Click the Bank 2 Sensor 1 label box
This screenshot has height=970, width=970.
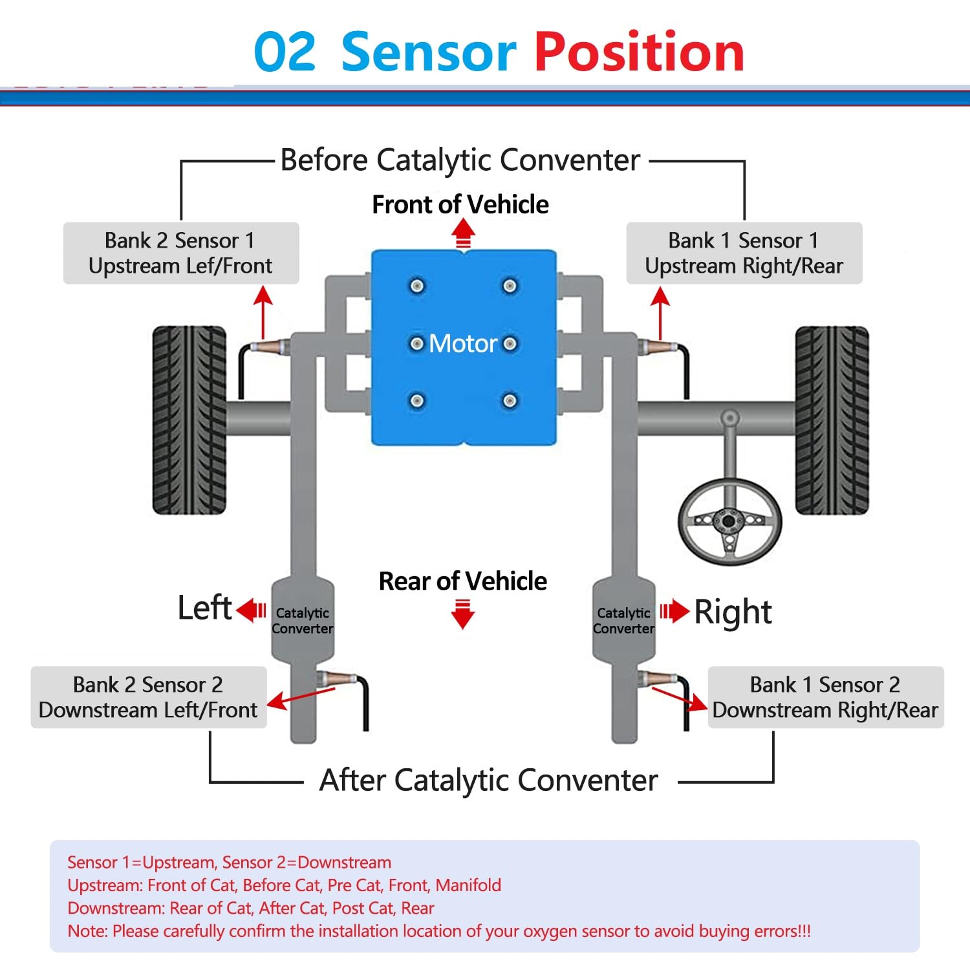click(181, 253)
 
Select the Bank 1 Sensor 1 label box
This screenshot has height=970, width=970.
click(744, 253)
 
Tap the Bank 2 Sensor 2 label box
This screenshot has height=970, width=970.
click(149, 697)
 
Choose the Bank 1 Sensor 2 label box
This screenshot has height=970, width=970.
click(826, 697)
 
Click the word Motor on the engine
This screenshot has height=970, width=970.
click(463, 343)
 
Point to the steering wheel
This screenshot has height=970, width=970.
click(729, 521)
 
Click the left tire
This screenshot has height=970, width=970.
click(189, 420)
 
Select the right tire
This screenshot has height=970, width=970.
click(832, 420)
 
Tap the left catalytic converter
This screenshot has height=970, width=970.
click(302, 620)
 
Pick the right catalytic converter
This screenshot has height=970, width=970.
click(623, 620)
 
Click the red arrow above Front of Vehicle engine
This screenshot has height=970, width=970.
click(463, 233)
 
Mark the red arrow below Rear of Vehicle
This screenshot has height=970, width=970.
click(463, 614)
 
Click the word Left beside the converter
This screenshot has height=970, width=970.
click(204, 608)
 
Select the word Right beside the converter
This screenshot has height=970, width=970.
click(733, 612)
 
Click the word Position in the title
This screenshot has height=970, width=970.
click(640, 52)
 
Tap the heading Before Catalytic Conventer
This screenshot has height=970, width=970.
click(460, 160)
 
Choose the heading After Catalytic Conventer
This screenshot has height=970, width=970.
click(488, 780)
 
